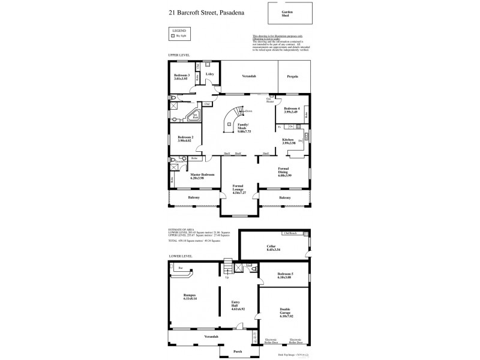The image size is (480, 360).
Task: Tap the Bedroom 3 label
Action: pos(181,77)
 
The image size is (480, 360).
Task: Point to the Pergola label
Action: pos(292,77)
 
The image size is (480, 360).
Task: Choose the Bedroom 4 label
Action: pos(292,110)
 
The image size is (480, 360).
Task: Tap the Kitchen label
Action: pos(289,141)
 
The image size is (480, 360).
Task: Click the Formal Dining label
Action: pos(284,172)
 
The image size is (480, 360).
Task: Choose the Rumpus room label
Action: pos(190,297)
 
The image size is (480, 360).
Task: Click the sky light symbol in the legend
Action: pos(173,36)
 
